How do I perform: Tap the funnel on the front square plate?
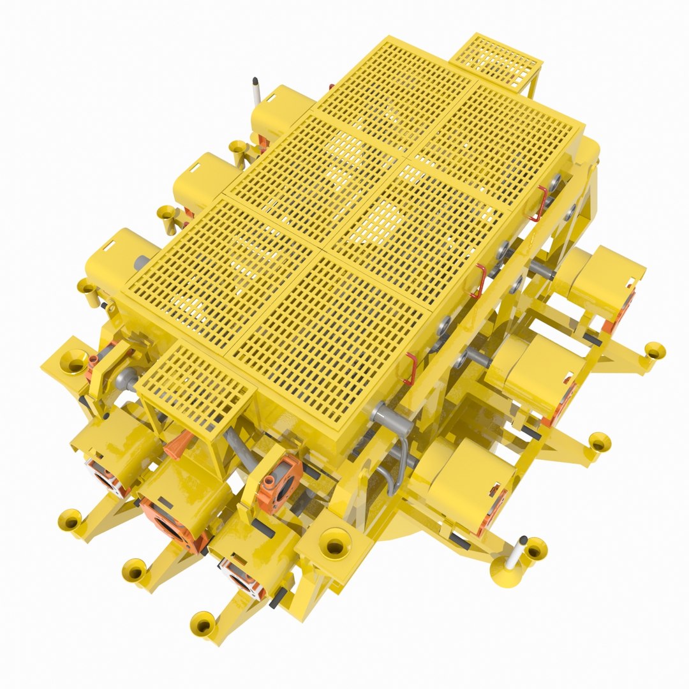coord(335,543)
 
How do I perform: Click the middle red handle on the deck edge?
coord(478,281)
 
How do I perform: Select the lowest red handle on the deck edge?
coord(410,369)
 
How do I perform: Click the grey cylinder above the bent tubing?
coord(389,413)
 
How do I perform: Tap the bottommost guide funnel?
coord(204,624)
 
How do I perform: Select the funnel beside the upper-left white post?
coord(239,149)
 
